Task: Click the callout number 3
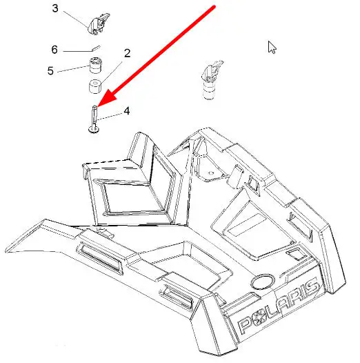(x=55, y=8)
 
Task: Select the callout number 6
(x=54, y=50)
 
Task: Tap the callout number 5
(x=50, y=70)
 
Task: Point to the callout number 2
(x=128, y=53)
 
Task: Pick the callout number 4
(x=127, y=111)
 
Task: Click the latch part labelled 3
(x=99, y=23)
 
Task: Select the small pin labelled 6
(x=95, y=48)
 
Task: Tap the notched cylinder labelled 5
(x=96, y=66)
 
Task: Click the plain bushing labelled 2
(x=96, y=87)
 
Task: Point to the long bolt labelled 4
(x=94, y=119)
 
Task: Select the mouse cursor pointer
(x=272, y=48)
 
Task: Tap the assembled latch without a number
(x=211, y=79)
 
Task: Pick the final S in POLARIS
(x=311, y=289)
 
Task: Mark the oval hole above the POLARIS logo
(x=262, y=282)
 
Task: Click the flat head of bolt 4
(x=94, y=131)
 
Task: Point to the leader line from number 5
(x=73, y=69)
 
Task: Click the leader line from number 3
(x=76, y=19)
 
